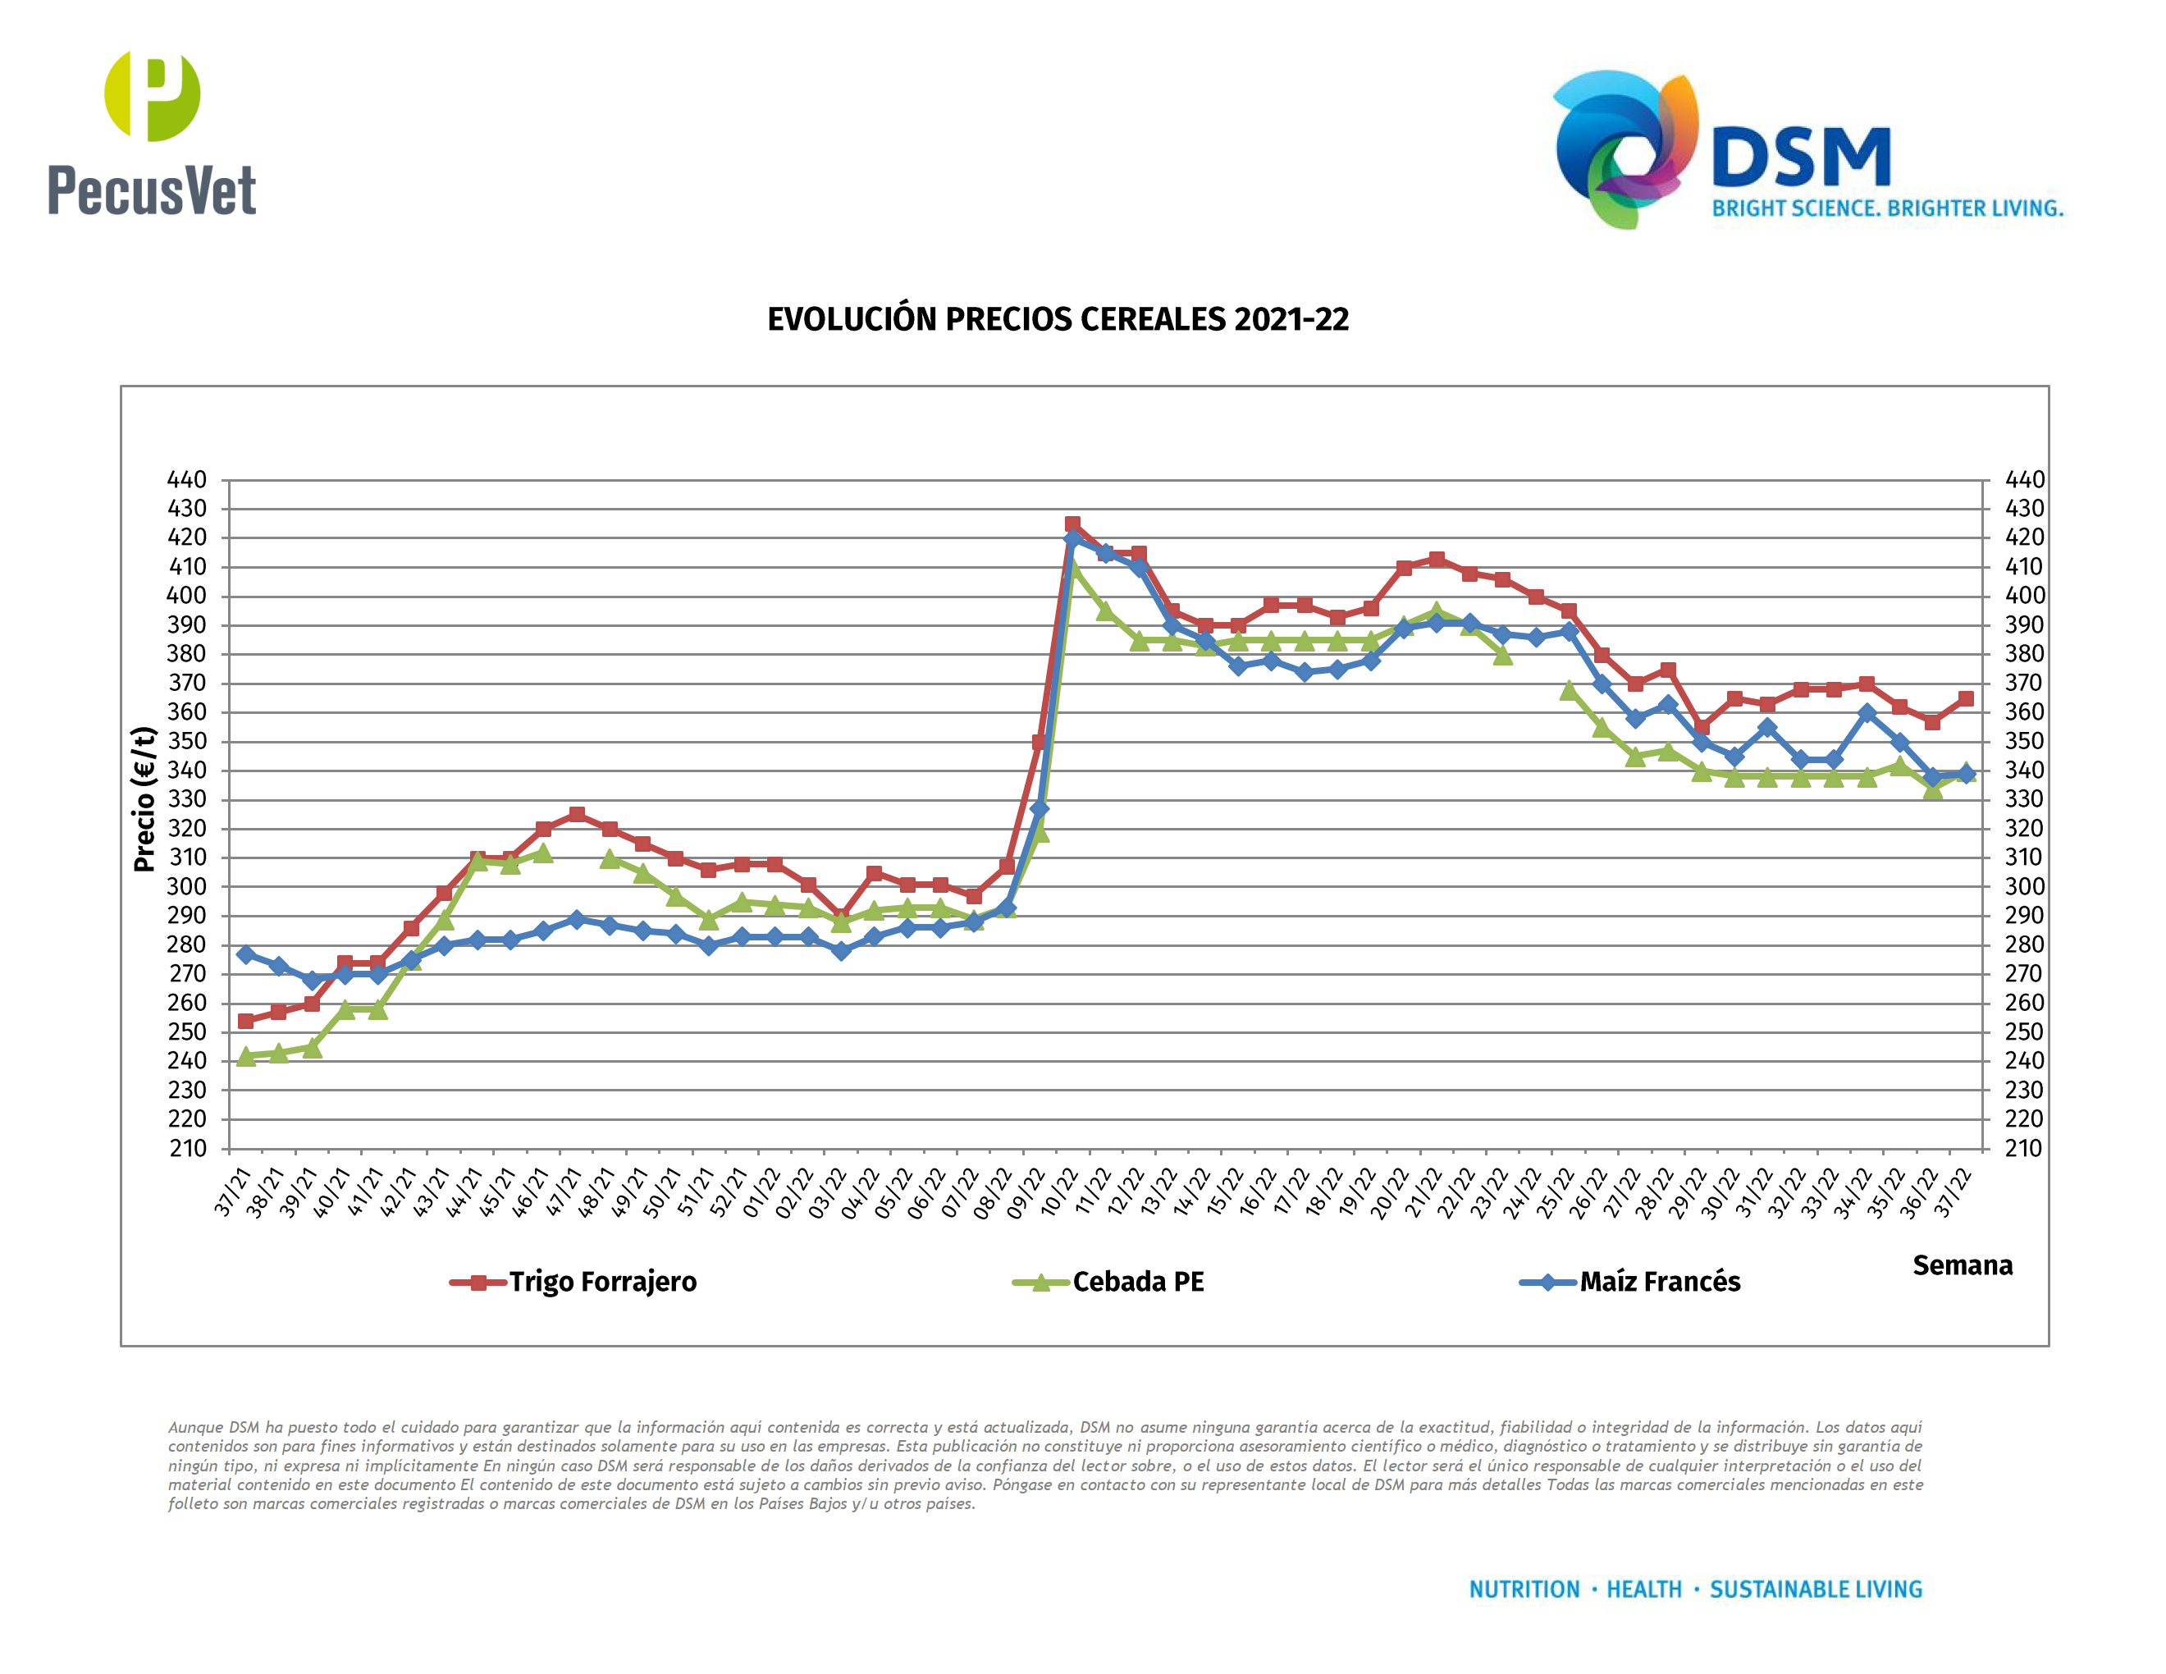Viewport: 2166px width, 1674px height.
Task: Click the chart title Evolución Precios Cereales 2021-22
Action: tap(1058, 319)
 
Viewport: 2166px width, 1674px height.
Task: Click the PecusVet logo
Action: tap(152, 134)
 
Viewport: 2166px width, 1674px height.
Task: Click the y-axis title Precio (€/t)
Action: tap(144, 799)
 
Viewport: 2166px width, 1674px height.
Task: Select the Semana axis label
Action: tap(1962, 1265)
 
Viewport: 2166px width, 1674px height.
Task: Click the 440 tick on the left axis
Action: tap(186, 480)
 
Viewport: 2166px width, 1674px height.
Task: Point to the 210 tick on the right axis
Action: tap(2023, 1148)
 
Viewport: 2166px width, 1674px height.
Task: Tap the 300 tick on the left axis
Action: tap(186, 886)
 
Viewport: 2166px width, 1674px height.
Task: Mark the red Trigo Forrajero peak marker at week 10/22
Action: tap(1072, 524)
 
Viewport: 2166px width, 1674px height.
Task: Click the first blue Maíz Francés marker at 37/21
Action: tap(246, 954)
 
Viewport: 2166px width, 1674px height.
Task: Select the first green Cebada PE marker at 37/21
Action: tap(246, 1056)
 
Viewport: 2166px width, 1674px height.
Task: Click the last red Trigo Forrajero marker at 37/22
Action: tap(1966, 698)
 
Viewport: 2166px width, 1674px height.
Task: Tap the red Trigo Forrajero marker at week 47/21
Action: tap(576, 814)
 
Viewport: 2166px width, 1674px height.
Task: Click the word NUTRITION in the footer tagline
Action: tap(1524, 1589)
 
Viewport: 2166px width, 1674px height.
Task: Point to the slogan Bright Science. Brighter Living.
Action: tap(1887, 208)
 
